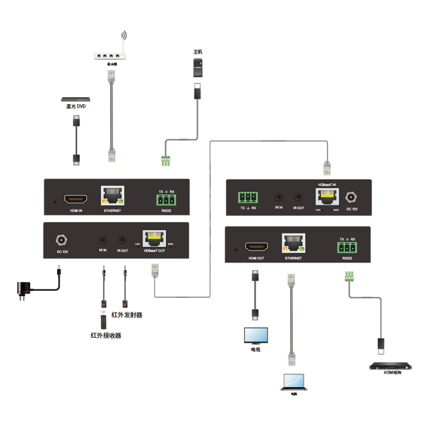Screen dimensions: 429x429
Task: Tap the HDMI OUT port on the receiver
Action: pyautogui.click(x=256, y=247)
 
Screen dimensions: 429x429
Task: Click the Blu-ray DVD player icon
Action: pyautogui.click(x=75, y=99)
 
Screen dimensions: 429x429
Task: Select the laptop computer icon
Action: pyautogui.click(x=293, y=382)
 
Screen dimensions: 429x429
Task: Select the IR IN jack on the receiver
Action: pyautogui.click(x=279, y=198)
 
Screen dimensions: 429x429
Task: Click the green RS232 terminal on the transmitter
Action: pyautogui.click(x=166, y=200)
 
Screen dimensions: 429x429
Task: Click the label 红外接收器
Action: pyautogui.click(x=106, y=336)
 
